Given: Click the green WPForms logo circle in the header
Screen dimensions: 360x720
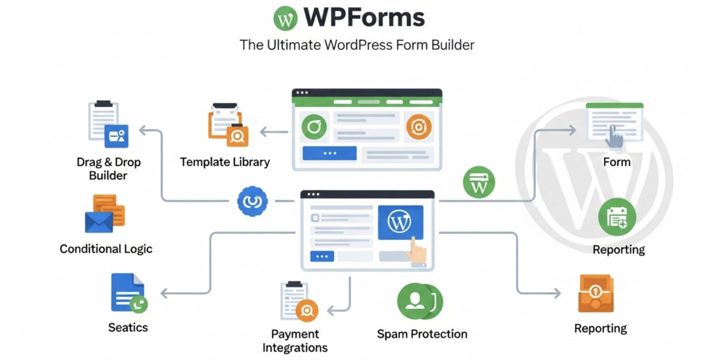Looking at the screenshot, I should tap(286, 19).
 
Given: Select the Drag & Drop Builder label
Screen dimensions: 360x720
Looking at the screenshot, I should tap(108, 169).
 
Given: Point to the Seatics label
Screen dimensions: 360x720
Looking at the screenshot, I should tap(128, 328).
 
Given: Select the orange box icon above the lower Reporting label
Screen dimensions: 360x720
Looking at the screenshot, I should tap(596, 293).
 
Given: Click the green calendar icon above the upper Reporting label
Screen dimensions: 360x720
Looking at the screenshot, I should tap(617, 217).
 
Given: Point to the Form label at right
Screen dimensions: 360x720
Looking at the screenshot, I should tap(617, 161).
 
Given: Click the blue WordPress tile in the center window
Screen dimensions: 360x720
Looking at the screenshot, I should tap(400, 222).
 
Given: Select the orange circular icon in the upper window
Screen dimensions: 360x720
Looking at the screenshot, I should tap(418, 127).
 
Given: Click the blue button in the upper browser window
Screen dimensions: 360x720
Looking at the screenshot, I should tap(329, 154).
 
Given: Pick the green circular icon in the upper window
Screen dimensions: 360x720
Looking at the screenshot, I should tap(314, 127).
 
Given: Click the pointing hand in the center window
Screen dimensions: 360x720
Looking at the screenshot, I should tap(416, 250).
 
